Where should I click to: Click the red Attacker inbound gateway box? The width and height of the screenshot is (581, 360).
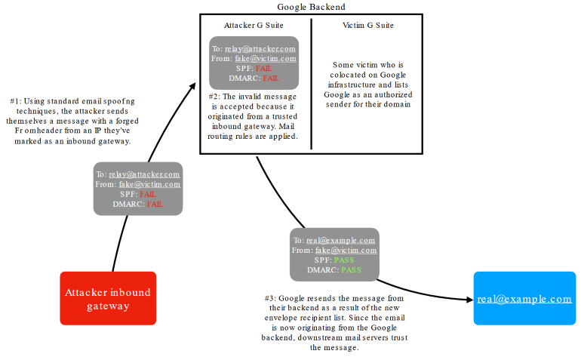pos(108,299)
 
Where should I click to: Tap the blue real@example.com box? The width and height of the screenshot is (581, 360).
pos(524,299)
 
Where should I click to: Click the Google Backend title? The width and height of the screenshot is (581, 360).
pos(311,7)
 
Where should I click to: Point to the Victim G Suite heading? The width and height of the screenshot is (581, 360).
pos(368,26)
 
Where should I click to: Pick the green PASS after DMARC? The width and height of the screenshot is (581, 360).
pos(351,269)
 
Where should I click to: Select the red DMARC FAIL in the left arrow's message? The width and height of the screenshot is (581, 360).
pos(155,204)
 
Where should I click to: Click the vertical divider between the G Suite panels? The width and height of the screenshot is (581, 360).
pos(312,83)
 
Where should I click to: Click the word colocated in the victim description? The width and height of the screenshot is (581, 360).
pos(346,75)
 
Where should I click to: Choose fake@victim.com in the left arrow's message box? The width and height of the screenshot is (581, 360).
pos(149,184)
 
